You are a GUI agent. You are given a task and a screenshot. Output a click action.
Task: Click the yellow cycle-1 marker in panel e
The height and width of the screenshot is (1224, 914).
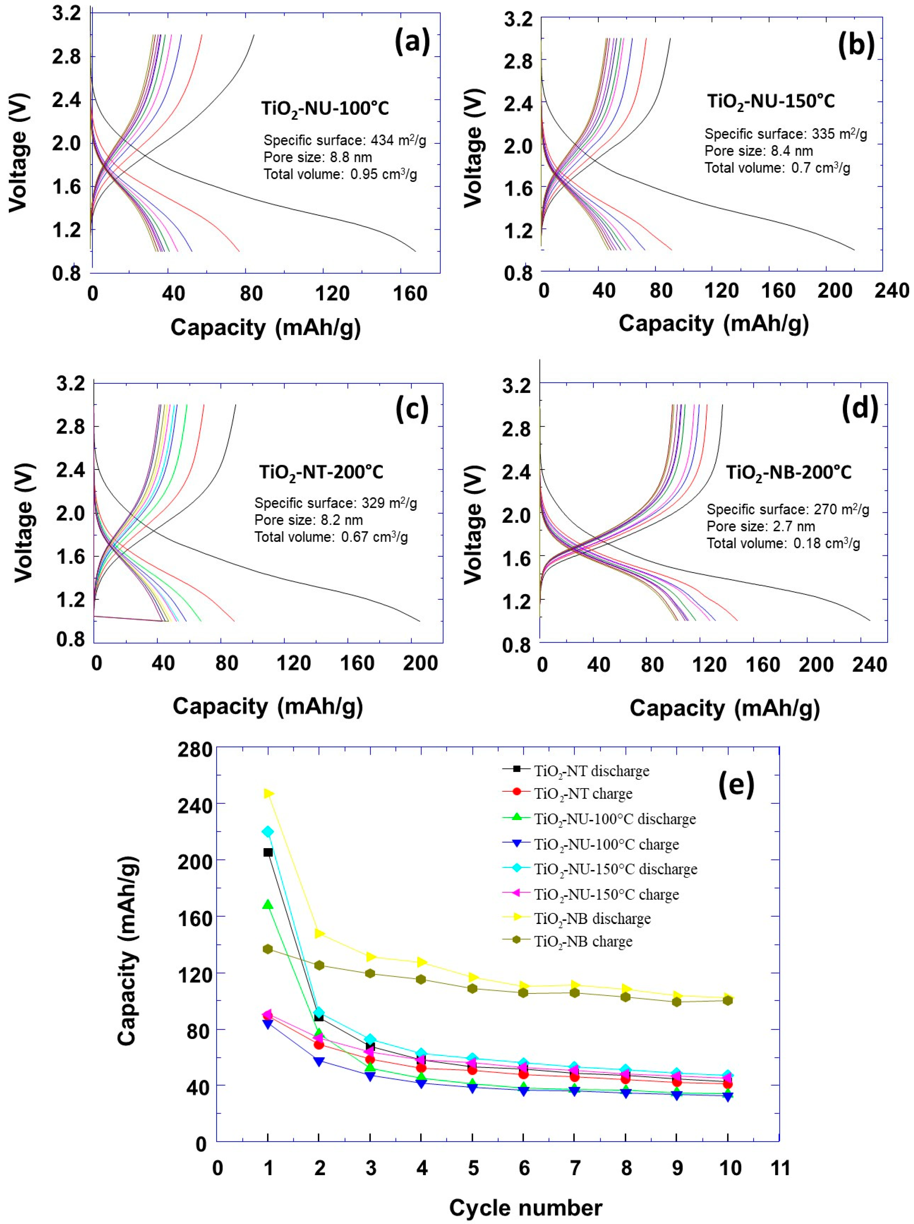[x=268, y=794]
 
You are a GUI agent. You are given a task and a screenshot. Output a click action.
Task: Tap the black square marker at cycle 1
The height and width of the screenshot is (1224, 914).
[x=268, y=853]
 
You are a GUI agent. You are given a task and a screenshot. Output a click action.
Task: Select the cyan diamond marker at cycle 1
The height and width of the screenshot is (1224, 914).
[x=268, y=832]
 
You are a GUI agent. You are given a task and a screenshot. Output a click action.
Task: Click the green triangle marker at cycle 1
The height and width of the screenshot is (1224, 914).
[x=268, y=905]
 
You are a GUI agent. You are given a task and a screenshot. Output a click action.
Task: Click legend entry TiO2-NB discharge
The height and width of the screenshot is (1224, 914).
[x=592, y=919]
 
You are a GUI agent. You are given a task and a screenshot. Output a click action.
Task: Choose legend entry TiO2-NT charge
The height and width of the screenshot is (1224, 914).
[x=583, y=794]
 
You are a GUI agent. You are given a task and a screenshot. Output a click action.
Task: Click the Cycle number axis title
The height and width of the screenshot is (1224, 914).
[x=525, y=1208]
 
